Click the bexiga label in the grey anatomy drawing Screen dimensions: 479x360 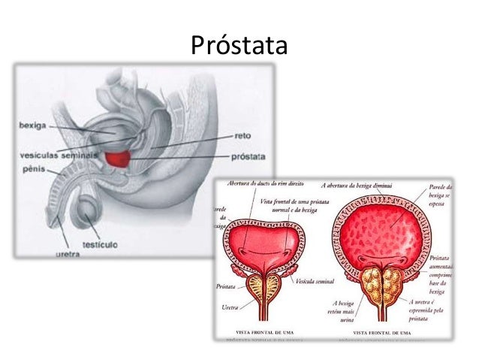[x=34, y=125]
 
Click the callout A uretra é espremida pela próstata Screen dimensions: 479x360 [x=446, y=309]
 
